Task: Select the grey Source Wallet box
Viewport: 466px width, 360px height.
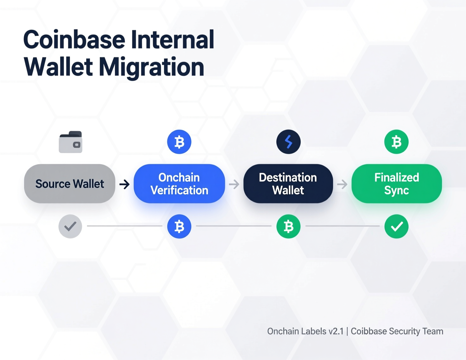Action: [x=70, y=184]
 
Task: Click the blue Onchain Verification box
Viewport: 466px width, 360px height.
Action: [x=179, y=184]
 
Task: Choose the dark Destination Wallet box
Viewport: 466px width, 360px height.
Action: [x=288, y=184]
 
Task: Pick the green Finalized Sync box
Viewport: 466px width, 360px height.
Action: [x=397, y=184]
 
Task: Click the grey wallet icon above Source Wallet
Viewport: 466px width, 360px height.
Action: [x=71, y=142]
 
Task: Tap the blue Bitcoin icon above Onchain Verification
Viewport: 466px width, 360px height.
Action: [x=179, y=142]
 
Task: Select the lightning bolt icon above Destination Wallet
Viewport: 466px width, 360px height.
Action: [x=288, y=142]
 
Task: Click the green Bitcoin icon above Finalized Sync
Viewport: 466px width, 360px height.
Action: [x=396, y=142]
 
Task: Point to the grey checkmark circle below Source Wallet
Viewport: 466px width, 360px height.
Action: [x=70, y=226]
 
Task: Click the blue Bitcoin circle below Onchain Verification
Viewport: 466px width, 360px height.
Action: [x=179, y=226]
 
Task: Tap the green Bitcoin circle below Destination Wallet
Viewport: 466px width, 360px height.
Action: [x=288, y=226]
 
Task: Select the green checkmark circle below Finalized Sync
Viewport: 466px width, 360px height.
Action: [x=396, y=226]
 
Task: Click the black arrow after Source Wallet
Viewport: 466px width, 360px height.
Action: [x=124, y=184]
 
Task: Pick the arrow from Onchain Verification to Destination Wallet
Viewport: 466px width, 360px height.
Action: [x=234, y=184]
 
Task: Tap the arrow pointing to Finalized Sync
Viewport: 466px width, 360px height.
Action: [x=342, y=184]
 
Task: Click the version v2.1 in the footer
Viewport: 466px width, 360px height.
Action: [x=336, y=331]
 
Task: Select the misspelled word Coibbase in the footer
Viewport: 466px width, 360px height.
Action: [x=368, y=331]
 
